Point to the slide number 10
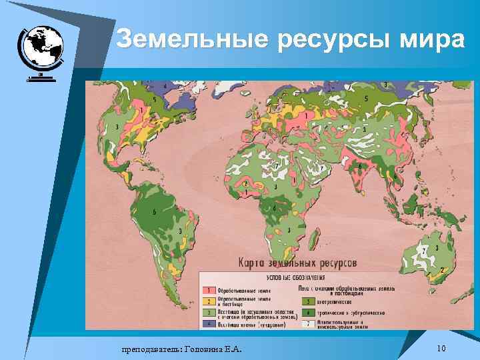(x=440, y=349)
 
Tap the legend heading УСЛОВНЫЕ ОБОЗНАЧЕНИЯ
(x=296, y=276)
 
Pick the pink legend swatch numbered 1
(x=209, y=290)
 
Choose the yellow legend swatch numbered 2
(x=209, y=301)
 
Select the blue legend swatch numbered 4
(x=209, y=323)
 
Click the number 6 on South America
(x=155, y=211)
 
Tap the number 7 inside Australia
(x=424, y=250)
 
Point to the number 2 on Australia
(x=443, y=270)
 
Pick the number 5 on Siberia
(x=365, y=98)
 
